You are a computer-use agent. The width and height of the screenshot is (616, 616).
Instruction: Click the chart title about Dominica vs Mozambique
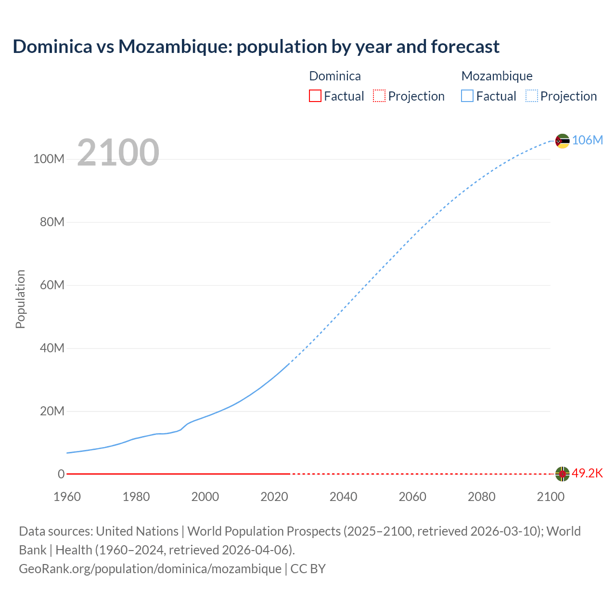(x=256, y=47)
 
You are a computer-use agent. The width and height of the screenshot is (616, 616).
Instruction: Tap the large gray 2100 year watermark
(x=118, y=152)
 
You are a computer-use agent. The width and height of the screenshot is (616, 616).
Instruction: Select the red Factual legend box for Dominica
(x=315, y=96)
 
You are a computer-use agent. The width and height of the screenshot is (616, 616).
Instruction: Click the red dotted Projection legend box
(x=379, y=96)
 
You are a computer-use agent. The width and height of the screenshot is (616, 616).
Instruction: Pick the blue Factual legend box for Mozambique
(x=467, y=96)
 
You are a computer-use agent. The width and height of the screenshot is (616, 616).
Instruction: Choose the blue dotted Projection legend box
(x=531, y=96)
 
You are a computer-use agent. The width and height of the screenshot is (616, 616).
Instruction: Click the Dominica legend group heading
(x=334, y=76)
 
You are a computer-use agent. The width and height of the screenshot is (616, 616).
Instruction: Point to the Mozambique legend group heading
(x=497, y=76)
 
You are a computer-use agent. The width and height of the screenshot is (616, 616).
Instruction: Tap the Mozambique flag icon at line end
(x=562, y=141)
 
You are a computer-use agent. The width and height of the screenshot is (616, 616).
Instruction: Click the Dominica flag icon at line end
(x=562, y=474)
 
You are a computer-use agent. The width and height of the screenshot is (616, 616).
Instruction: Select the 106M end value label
(x=587, y=140)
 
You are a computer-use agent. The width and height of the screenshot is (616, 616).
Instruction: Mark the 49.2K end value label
(x=587, y=473)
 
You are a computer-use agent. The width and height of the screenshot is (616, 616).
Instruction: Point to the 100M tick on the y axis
(x=49, y=159)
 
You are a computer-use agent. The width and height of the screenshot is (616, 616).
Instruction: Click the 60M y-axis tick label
(x=52, y=285)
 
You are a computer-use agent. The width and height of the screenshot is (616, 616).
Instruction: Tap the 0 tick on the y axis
(x=61, y=474)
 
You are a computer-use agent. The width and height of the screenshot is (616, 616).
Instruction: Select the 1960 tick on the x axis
(x=67, y=497)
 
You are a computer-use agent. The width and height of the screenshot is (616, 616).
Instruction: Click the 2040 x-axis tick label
(x=343, y=497)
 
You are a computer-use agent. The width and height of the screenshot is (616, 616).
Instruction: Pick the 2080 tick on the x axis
(x=481, y=497)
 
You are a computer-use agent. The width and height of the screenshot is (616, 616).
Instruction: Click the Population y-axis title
(x=20, y=299)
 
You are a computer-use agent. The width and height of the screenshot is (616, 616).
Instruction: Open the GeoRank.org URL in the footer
(x=150, y=568)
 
